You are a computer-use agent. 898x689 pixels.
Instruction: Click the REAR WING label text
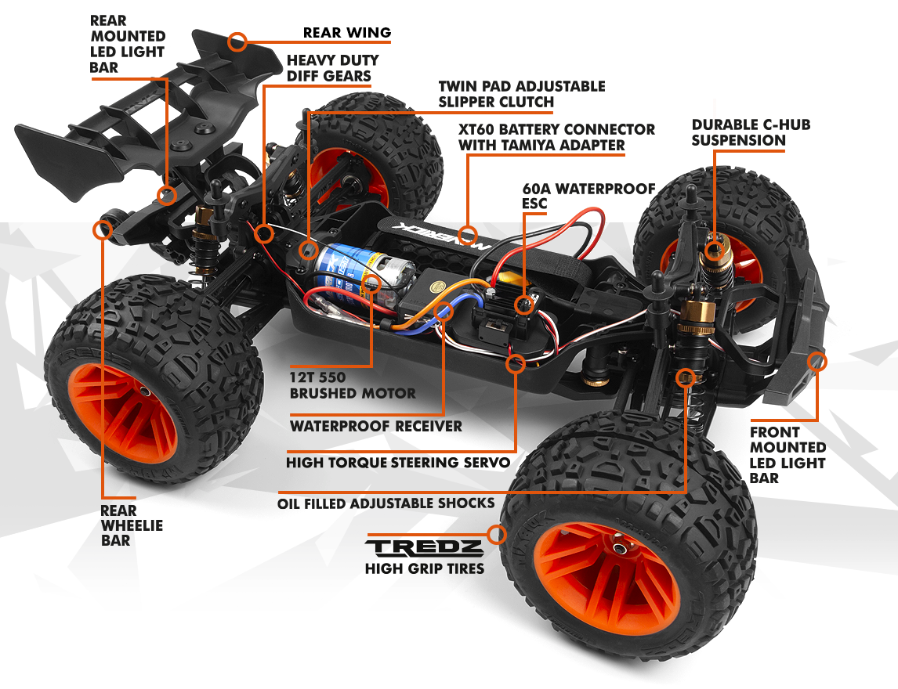[346, 33]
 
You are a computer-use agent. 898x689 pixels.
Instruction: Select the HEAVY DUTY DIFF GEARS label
[332, 68]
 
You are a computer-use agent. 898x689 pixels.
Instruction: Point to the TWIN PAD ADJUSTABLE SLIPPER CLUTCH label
[521, 94]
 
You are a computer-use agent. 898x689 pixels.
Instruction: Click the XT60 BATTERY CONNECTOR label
[556, 137]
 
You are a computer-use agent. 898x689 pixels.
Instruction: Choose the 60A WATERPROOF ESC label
[588, 196]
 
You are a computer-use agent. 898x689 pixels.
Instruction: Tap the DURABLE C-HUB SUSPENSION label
[739, 132]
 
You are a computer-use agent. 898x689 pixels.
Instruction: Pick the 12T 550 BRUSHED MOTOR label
[353, 384]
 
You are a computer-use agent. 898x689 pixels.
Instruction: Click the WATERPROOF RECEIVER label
[375, 427]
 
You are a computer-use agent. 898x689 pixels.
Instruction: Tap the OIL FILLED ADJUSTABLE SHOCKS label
[386, 503]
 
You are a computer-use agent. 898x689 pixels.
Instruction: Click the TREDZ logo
[424, 547]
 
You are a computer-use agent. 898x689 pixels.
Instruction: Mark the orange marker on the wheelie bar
[103, 229]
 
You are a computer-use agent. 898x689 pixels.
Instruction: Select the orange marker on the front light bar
[817, 361]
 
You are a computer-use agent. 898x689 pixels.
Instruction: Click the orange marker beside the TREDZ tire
[495, 536]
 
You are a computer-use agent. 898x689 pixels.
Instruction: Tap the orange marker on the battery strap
[468, 233]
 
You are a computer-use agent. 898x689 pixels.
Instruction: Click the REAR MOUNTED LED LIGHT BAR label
[127, 44]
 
